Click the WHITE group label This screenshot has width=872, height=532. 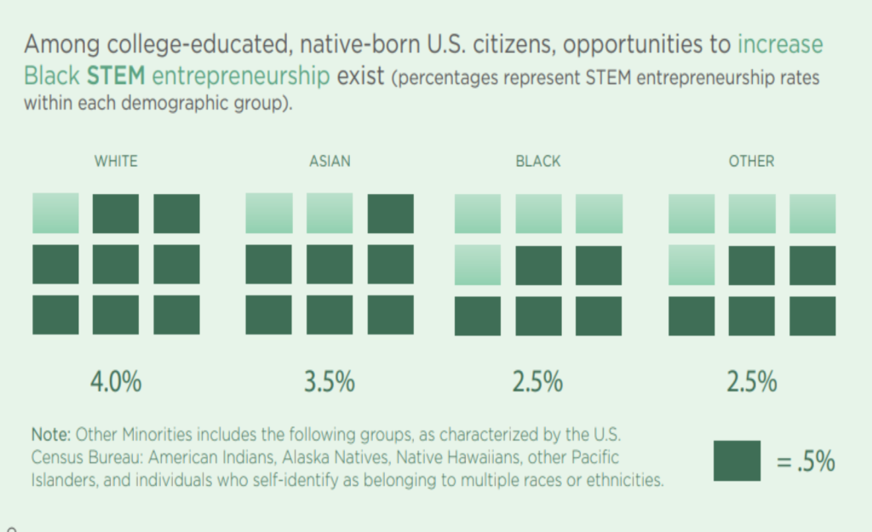coord(116,161)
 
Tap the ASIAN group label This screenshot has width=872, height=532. coord(330,161)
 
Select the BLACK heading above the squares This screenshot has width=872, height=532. coord(538,161)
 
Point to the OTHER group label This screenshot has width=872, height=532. coord(751,161)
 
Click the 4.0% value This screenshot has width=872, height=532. coord(116,382)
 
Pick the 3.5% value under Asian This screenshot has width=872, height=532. coord(330,382)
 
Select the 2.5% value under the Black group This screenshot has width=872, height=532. coord(537,382)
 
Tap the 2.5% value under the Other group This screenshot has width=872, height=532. coord(751,382)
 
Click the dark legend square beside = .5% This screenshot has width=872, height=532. coord(737,460)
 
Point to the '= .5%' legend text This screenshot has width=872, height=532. coord(805,462)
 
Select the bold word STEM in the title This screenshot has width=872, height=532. coord(116,76)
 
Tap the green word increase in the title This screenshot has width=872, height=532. coord(780,44)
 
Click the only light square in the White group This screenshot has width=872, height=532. coord(55,214)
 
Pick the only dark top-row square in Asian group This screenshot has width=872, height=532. coord(390,214)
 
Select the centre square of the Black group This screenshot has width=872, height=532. coord(538,265)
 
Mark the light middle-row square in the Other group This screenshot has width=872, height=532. coord(691,265)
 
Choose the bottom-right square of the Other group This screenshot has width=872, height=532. coord(812,316)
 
